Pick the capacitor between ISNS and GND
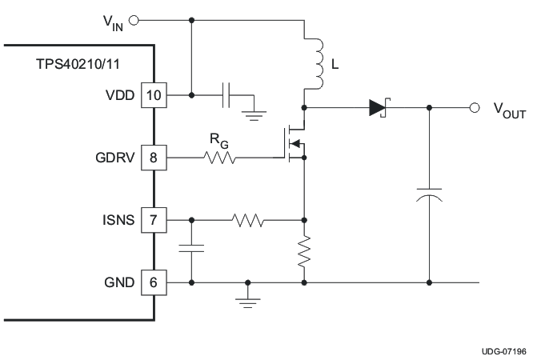(x=192, y=249)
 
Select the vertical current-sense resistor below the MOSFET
(x=305, y=252)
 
